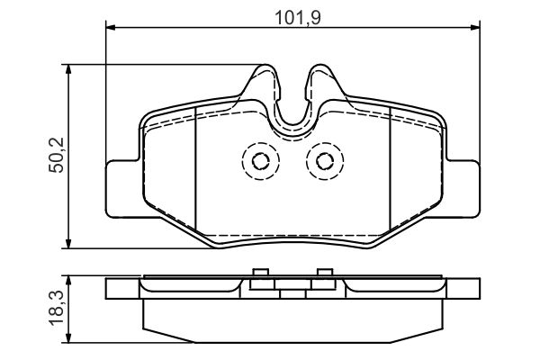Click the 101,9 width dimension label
click(x=298, y=18)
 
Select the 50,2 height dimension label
click(x=57, y=155)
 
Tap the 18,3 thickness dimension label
click(x=57, y=308)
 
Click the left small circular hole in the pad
click(x=261, y=161)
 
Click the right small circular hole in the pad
click(x=325, y=161)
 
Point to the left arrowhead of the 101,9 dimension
click(x=110, y=26)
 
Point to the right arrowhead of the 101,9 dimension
click(x=475, y=26)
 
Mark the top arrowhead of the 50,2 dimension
click(x=69, y=68)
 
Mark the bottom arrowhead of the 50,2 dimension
click(x=69, y=244)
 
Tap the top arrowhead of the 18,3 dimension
click(x=69, y=280)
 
